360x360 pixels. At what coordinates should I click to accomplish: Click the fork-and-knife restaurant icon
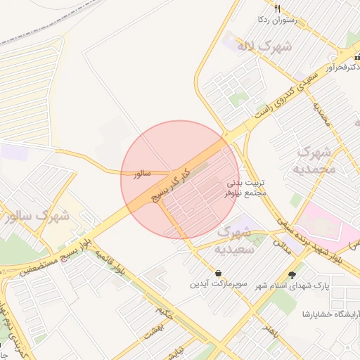point(278,9)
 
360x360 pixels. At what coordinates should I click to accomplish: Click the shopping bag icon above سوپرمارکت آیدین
point(219,273)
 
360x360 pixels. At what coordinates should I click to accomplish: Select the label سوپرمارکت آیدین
point(219,285)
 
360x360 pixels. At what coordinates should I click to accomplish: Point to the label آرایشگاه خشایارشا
point(330,314)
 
